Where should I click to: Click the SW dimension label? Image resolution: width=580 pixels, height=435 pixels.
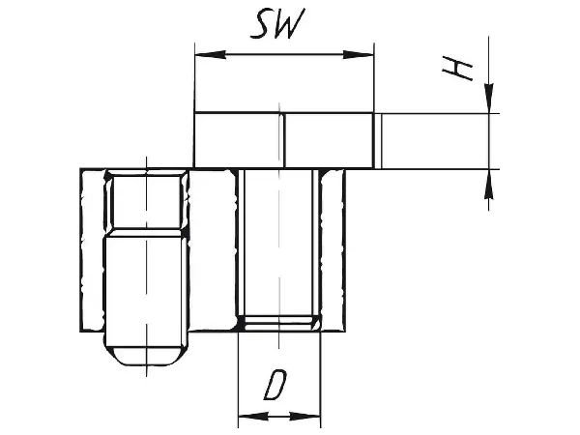[x=278, y=24]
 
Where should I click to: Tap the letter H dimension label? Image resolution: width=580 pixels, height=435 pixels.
[x=458, y=70]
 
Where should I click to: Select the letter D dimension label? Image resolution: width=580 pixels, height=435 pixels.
[x=275, y=385]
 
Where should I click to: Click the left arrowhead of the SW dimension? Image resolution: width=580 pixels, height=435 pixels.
[x=210, y=55]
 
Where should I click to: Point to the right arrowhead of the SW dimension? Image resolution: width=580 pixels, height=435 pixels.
[x=359, y=55]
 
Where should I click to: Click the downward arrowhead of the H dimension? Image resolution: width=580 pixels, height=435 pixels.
[x=488, y=99]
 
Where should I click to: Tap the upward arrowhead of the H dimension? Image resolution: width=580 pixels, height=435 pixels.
[x=488, y=185]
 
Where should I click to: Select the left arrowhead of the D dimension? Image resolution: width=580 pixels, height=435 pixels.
[x=253, y=417]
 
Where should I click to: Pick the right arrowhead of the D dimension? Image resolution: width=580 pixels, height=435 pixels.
[x=305, y=417]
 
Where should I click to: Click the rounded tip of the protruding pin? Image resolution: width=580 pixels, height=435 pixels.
[x=147, y=356]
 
